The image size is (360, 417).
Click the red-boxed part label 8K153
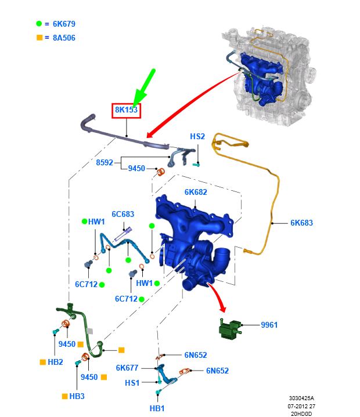coord(126,110)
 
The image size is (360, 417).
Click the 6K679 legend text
coord(64,24)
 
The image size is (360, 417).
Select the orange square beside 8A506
coord(39,38)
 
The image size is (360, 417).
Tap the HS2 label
coord(197,136)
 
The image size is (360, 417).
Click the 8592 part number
coord(105,162)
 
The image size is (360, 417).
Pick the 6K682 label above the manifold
coord(196,192)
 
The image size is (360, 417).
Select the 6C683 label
coord(123,214)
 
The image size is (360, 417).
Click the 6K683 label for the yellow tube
coord(301,223)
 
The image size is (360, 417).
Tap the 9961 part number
coord(269,325)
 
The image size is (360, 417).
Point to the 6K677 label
coord(127,368)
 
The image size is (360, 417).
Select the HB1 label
coord(157,408)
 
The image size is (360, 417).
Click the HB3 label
coord(77,396)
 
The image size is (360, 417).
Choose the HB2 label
coord(55,362)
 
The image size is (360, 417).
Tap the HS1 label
coord(132,383)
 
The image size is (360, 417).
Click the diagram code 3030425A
coord(301,398)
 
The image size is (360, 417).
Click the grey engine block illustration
coord(269,76)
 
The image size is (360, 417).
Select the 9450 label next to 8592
coord(136,168)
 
